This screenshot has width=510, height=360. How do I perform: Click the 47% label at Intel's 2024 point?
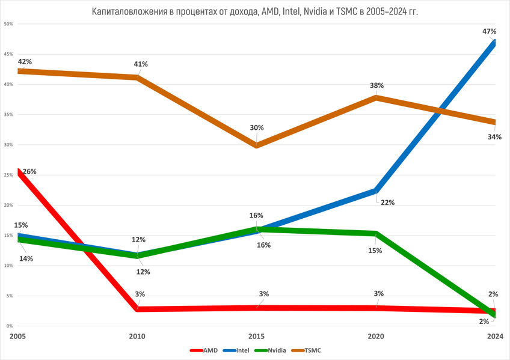point(489,31)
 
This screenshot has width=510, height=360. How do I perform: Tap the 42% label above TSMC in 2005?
point(25,61)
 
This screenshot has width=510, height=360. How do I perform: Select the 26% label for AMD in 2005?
point(29,172)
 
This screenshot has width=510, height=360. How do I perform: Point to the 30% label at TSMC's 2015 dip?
point(257,127)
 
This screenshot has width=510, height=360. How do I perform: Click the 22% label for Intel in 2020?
point(387,203)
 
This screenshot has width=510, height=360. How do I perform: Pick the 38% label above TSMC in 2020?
point(376,85)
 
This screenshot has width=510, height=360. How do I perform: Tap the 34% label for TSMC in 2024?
point(494,137)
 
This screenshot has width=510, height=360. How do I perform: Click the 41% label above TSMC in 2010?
point(141,64)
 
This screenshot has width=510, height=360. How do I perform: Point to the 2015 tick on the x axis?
point(257,336)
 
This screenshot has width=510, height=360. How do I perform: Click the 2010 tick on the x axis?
point(138,336)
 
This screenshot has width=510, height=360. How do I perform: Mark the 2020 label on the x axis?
point(376,336)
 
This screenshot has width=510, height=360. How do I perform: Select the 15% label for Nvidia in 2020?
point(375,251)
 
